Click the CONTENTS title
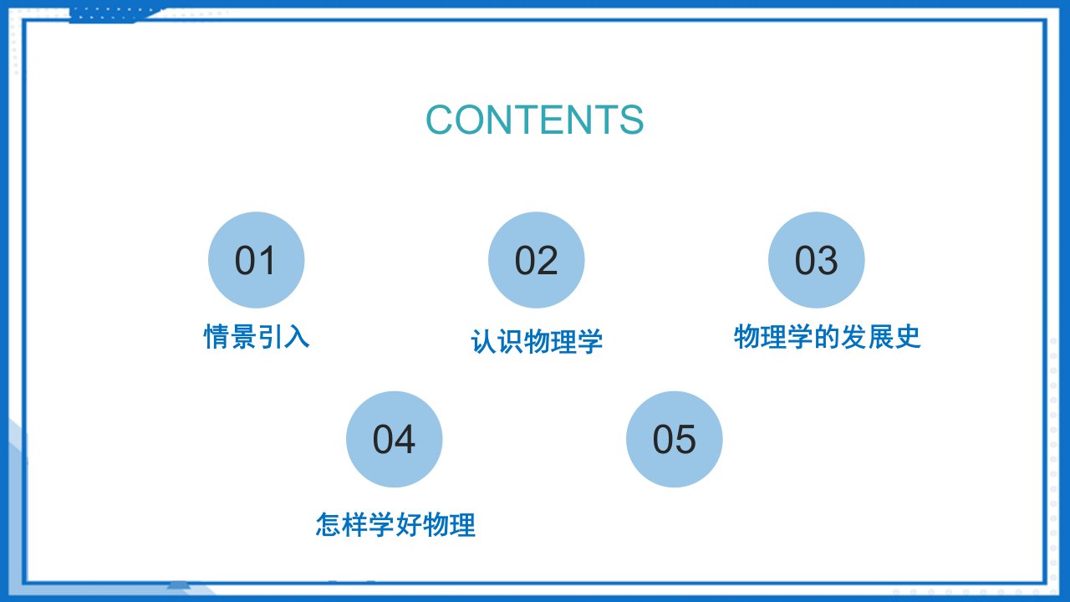[x=534, y=120]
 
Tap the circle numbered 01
[x=256, y=260]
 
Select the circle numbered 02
[x=536, y=260]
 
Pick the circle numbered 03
[x=817, y=260]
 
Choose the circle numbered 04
[x=394, y=439]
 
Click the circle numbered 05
[x=674, y=439]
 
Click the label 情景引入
[x=257, y=337]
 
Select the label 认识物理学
[x=537, y=342]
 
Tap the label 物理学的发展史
[x=828, y=337]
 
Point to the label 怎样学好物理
[x=395, y=524]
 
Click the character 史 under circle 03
[x=908, y=337]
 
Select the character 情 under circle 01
[x=217, y=337]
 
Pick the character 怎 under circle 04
[x=329, y=524]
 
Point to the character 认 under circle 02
[x=483, y=342]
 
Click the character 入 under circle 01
[x=297, y=337]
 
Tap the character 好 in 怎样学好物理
[x=409, y=524]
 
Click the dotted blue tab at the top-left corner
[x=115, y=14]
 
